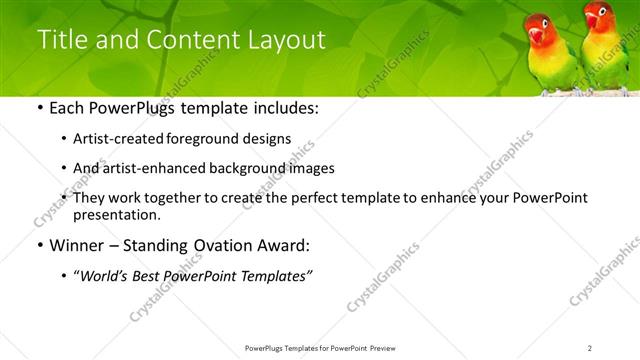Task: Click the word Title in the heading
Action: [x=62, y=40]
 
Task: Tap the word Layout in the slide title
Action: [x=290, y=40]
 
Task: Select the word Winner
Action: [x=72, y=245]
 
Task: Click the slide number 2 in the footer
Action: [x=589, y=347]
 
